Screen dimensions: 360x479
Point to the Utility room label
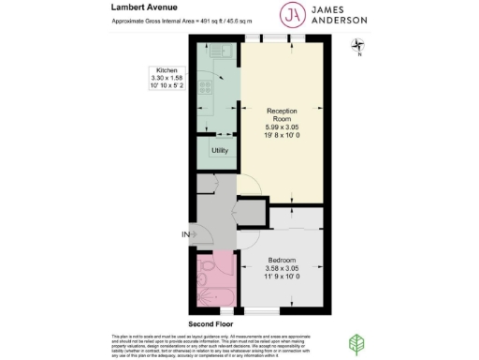click(x=220, y=150)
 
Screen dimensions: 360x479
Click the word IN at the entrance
click(x=186, y=234)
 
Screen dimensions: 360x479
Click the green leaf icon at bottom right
click(x=356, y=344)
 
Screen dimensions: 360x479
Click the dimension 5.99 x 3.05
click(x=282, y=128)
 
